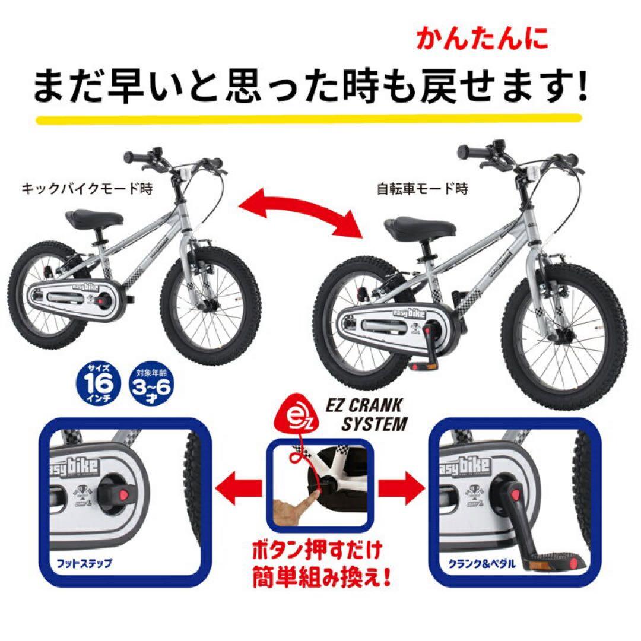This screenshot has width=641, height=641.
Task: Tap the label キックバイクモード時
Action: [x=87, y=190]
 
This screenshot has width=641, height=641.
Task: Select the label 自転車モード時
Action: [x=423, y=190]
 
